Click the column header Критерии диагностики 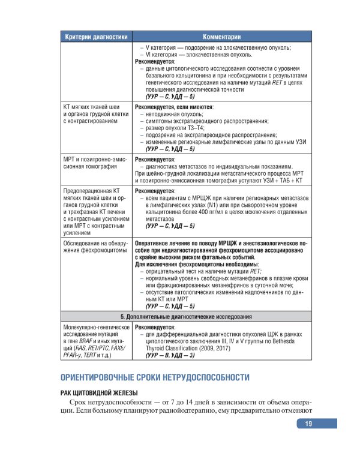96,35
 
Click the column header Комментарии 221,35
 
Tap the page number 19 308,424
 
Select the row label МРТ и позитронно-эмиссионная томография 96,164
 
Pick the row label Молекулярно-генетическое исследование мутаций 96,341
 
